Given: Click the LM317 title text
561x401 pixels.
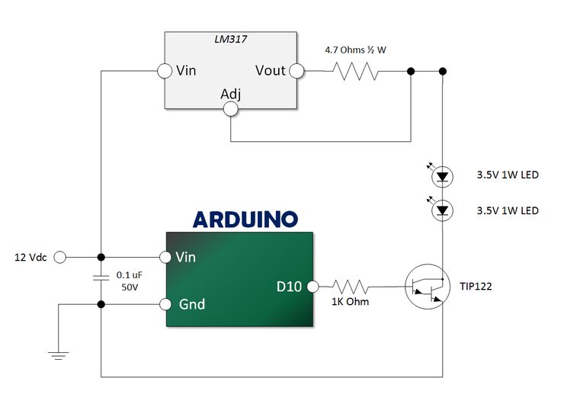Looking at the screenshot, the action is (231, 39).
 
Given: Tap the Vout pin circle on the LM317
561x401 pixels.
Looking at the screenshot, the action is (297, 71).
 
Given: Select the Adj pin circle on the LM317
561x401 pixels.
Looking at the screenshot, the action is (231, 109).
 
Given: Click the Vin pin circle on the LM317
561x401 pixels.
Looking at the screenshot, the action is (165, 71).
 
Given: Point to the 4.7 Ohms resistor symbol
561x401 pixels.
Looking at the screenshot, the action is (356, 71).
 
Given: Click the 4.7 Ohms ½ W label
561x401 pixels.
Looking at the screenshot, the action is (356, 50).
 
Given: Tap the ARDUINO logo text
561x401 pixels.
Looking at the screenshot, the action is (245, 220).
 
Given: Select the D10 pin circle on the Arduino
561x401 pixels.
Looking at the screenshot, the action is (313, 287).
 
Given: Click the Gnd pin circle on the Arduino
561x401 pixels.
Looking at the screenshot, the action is (165, 304).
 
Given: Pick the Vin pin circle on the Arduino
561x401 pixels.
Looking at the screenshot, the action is (165, 257).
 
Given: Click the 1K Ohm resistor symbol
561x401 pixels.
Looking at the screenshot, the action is (351, 287).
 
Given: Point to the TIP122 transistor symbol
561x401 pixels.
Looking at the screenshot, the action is (428, 287).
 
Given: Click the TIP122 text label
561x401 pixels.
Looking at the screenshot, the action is (476, 287).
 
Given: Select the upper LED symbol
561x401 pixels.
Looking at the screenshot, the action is (443, 177).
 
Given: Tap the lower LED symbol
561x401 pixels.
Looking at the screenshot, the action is (443, 210).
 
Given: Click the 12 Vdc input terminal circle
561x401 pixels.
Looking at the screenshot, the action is (59, 257).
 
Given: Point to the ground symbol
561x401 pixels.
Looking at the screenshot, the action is (59, 355).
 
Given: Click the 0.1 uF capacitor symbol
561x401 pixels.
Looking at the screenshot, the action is (101, 277).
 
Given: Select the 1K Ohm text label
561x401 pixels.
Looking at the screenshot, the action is (351, 302).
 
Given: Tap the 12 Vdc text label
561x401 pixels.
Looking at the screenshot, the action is (30, 258).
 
